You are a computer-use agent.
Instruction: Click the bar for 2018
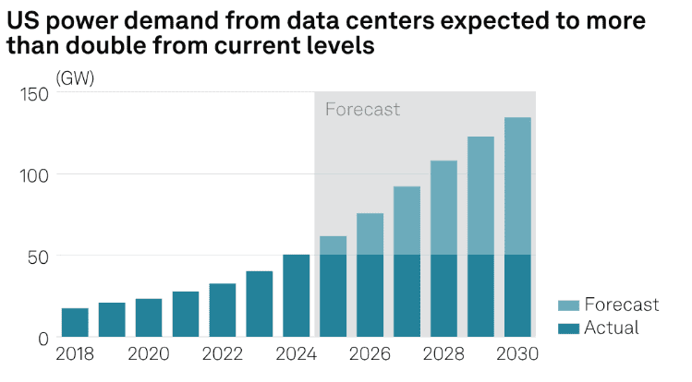coord(75,323)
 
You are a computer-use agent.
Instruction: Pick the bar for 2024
coord(297,296)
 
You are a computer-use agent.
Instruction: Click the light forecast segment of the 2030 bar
coord(517,185)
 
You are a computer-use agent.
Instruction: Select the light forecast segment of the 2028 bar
coord(443,208)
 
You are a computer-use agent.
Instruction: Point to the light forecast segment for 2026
coord(370,234)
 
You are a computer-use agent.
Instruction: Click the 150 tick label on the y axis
coord(34,94)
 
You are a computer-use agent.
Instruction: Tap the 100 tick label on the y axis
coord(34,175)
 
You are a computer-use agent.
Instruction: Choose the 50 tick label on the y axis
coord(38,257)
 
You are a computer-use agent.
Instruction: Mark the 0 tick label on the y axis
coord(42,338)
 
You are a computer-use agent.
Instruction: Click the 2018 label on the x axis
coord(75,355)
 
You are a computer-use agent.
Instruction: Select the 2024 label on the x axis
coord(297,355)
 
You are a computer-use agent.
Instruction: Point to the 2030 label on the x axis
coord(517,355)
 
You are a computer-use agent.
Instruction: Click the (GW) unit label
coord(75,78)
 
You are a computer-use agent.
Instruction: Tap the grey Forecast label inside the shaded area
coord(362,110)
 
